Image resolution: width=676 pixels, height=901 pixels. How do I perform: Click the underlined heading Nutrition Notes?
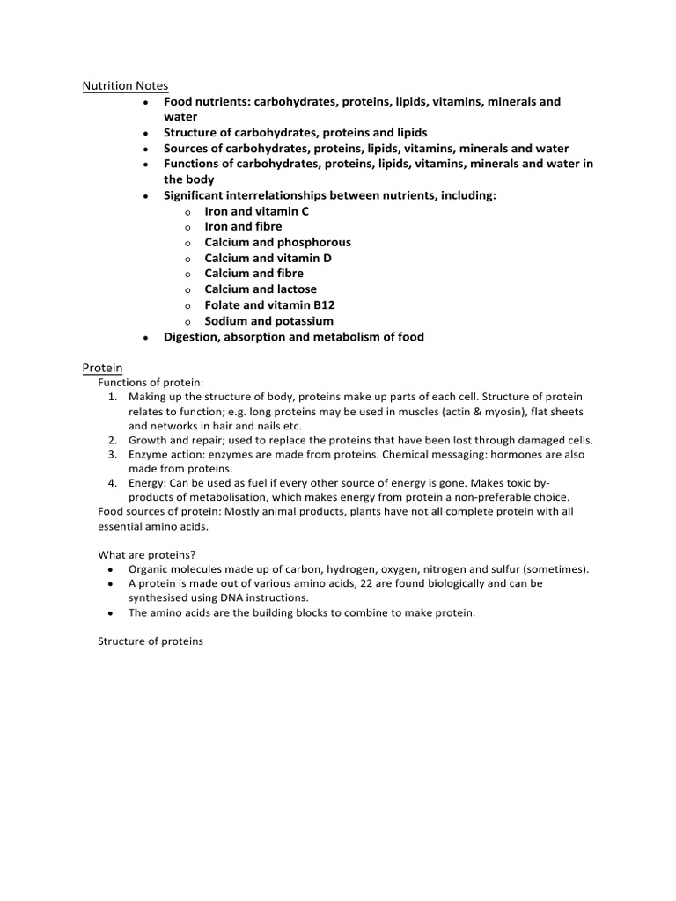click(x=125, y=85)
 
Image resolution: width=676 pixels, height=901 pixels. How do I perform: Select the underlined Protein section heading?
click(x=102, y=367)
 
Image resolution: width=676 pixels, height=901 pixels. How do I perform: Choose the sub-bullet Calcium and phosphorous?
click(x=277, y=242)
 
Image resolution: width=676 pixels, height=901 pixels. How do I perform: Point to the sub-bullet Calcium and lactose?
click(x=261, y=289)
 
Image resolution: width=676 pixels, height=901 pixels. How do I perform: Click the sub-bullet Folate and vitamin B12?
click(x=269, y=304)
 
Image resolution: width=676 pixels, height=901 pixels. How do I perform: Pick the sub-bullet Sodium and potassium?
click(x=268, y=320)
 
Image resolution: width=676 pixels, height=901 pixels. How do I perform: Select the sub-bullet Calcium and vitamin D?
click(x=268, y=258)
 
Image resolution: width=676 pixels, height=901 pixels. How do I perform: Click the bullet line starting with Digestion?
click(x=293, y=336)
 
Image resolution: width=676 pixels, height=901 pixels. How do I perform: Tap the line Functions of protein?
click(x=151, y=383)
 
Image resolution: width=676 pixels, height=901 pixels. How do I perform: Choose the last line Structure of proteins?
click(x=150, y=641)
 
